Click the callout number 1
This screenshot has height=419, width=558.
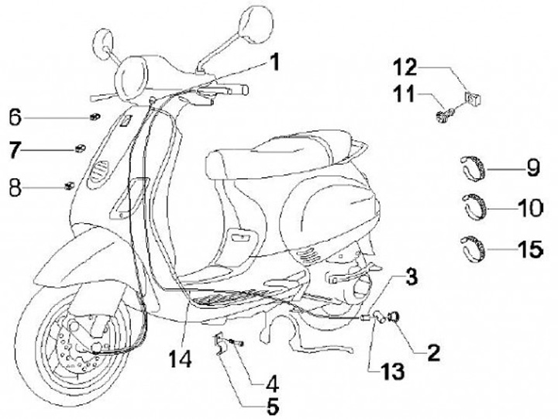coord(274,61)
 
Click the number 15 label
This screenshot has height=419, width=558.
coord(530,249)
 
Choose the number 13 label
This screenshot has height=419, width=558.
coord(392,372)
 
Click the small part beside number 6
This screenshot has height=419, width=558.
coord(93,117)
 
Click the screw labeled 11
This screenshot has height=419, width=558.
coord(445,117)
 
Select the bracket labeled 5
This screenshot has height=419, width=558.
coord(222,342)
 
